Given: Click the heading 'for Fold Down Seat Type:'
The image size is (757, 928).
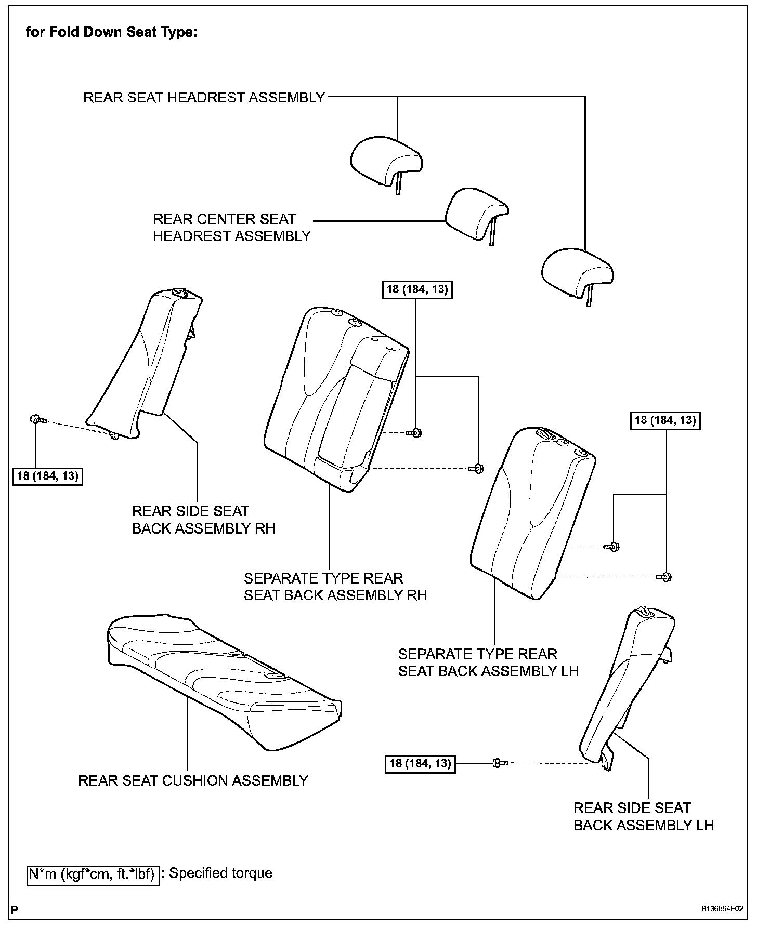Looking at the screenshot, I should [111, 32].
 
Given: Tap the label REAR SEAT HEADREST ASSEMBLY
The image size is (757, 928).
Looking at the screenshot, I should [204, 97].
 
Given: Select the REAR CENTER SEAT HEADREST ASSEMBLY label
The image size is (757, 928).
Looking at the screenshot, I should [231, 227].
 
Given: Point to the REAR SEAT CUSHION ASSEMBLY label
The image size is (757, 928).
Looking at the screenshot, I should [193, 780].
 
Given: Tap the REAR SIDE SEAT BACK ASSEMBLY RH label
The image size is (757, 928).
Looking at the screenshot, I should [203, 520].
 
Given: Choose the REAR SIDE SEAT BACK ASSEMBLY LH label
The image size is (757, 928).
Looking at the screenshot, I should [643, 816].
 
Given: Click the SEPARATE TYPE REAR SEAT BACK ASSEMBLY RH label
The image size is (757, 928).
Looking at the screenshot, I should [335, 587].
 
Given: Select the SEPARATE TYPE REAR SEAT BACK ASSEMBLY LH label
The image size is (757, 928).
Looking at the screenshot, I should [488, 662].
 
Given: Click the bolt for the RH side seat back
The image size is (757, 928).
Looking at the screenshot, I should [38, 419].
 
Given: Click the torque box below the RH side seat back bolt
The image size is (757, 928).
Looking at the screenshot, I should [47, 475].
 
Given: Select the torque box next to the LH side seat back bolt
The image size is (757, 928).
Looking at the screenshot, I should [420, 763].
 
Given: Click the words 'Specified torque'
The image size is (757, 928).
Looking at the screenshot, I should [220, 873].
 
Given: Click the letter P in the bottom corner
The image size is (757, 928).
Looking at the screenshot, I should [14, 910].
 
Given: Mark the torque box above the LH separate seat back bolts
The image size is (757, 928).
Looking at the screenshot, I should [665, 420].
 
